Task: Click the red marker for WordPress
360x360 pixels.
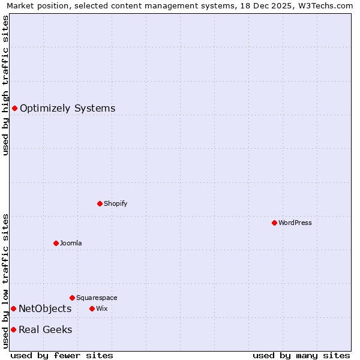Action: coord(274,223)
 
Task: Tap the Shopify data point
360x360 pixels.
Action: coord(100,203)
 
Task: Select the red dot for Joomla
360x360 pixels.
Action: coord(56,243)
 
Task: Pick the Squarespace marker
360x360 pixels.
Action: coord(72,298)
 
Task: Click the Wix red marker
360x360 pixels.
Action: coord(92,308)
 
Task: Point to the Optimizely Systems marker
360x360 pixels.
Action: coord(14,108)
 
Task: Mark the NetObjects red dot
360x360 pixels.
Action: coord(13,308)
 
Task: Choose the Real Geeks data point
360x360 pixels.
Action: coord(13,329)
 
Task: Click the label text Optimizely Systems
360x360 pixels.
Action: coord(67,109)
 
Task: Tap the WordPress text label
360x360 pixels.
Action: coord(295,223)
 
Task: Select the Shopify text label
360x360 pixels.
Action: coord(115,203)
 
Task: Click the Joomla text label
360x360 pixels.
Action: coord(71,243)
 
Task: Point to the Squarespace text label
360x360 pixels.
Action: coord(97,298)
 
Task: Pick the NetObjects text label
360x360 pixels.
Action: coord(45,309)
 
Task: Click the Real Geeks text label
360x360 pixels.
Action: coord(45,330)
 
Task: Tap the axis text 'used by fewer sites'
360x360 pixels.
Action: coord(62,355)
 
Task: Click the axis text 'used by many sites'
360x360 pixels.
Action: coord(301,355)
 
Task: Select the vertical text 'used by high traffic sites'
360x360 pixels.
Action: coord(5,85)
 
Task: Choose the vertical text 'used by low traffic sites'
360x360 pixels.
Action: coord(5,281)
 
